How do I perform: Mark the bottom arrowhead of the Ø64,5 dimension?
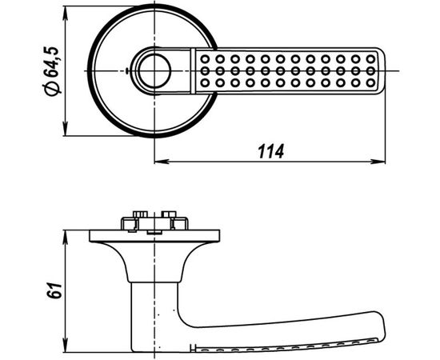tap(66, 131)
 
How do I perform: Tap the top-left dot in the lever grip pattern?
tap(206, 59)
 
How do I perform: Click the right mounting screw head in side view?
tap(168, 216)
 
